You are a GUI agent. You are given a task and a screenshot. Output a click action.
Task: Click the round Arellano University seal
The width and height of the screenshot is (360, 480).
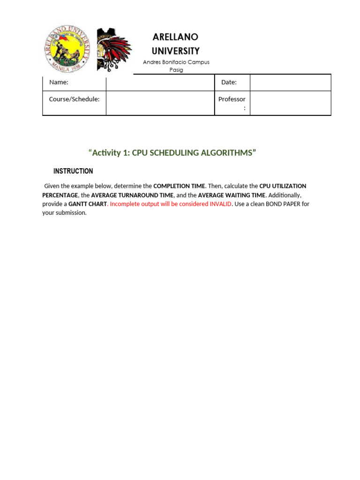click(68, 49)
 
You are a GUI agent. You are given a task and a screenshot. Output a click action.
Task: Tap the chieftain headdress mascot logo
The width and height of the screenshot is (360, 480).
click(113, 49)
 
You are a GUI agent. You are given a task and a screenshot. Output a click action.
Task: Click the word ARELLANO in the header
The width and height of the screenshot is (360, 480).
click(175, 37)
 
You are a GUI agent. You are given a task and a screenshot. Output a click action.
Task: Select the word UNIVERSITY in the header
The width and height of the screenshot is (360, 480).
click(175, 51)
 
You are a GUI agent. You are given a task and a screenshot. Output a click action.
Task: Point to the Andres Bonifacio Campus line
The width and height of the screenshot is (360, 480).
click(176, 62)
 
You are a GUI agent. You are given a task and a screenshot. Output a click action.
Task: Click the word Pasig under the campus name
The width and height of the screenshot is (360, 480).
click(176, 70)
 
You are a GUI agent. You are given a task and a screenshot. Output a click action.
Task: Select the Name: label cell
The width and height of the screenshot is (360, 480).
click(59, 82)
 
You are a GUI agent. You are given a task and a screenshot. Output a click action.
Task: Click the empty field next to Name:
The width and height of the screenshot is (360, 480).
click(160, 82)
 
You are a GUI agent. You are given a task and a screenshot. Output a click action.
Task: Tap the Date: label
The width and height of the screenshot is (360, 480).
click(229, 82)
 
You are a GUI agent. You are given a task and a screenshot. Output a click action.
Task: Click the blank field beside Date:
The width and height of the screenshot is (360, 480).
click(290, 82)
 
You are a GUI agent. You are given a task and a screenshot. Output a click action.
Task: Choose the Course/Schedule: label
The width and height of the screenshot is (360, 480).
click(74, 99)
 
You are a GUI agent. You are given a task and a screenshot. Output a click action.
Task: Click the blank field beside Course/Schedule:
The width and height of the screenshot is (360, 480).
click(160, 103)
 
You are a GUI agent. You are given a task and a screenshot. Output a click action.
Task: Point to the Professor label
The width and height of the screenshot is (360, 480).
click(232, 99)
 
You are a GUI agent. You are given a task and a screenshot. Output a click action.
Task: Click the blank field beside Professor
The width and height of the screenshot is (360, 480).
click(290, 103)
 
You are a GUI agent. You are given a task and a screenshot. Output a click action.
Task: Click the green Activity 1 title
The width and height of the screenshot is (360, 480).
click(172, 153)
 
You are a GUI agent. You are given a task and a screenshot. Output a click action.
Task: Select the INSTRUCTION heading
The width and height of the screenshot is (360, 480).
click(73, 171)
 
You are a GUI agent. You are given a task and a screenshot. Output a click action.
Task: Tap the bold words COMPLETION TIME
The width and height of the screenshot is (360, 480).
click(179, 186)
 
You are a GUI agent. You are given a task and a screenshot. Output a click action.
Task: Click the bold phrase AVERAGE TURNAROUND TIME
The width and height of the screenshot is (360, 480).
click(132, 195)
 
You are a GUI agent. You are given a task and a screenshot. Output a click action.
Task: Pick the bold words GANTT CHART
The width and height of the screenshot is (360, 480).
click(88, 204)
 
